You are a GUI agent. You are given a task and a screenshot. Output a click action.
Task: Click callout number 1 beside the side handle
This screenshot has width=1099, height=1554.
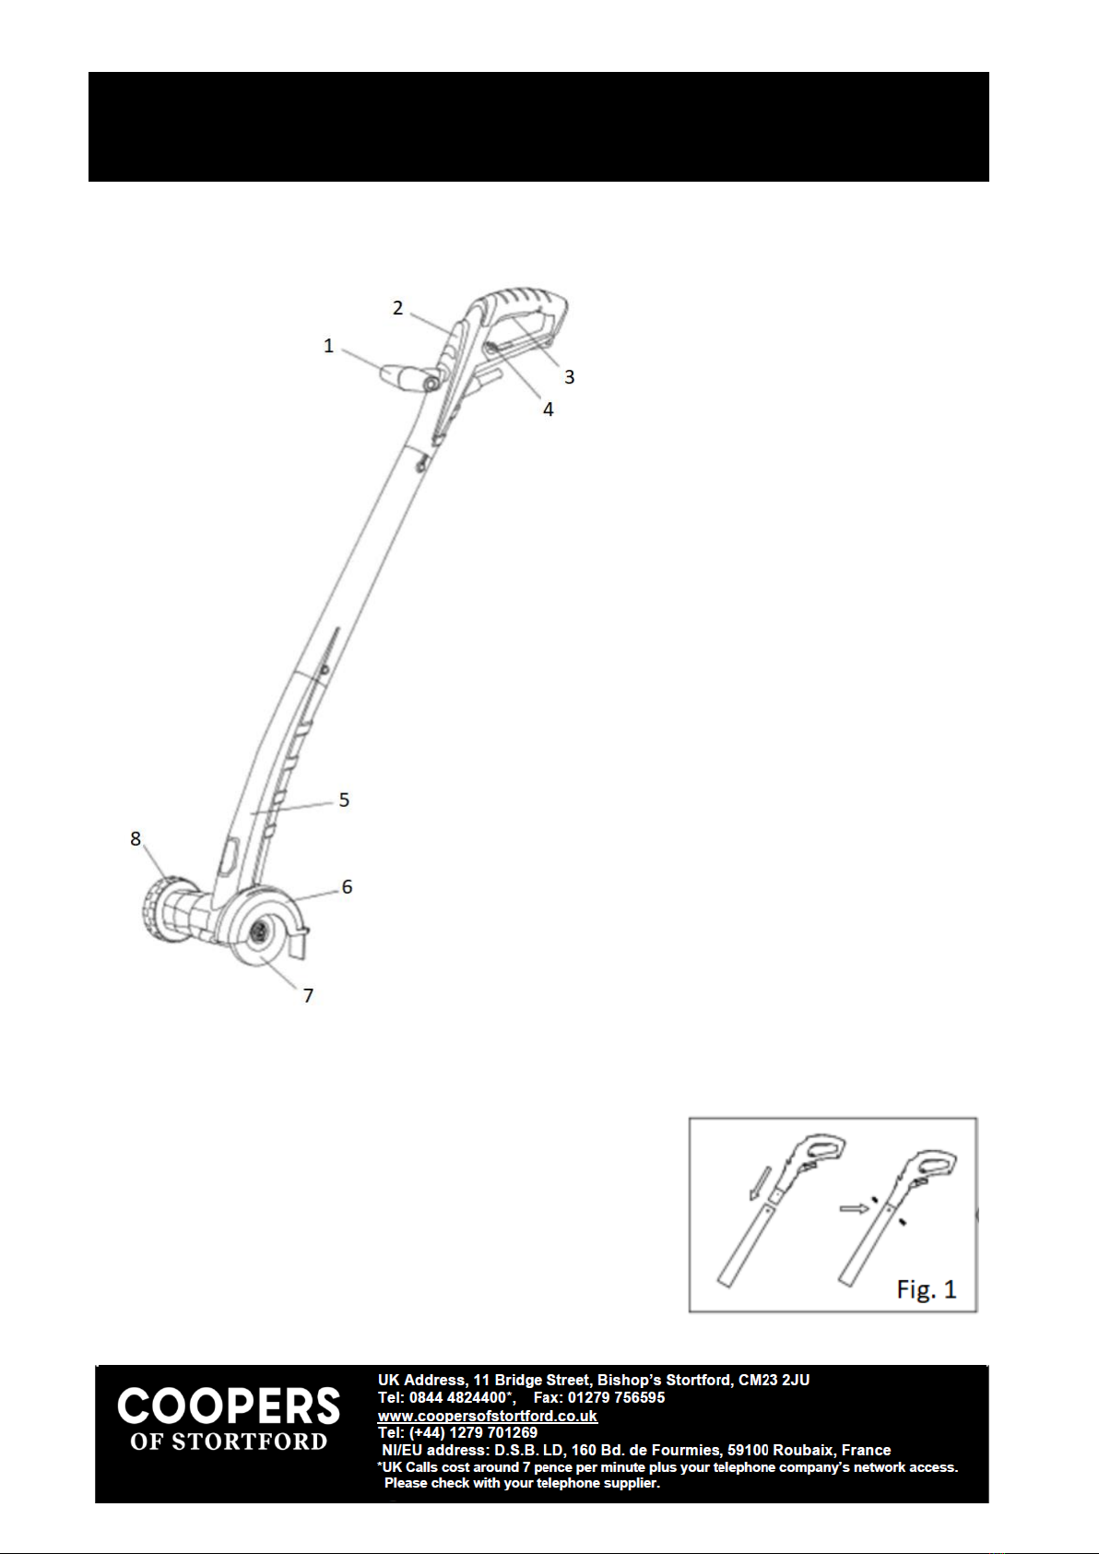[328, 346]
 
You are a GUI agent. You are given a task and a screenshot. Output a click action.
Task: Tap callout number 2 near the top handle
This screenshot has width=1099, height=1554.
[397, 308]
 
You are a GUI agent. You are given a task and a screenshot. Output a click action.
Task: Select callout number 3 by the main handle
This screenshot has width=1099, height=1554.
[570, 376]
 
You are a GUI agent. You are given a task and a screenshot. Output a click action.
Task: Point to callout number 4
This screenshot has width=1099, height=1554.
[549, 409]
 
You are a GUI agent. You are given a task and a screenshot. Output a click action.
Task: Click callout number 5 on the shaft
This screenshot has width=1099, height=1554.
[344, 800]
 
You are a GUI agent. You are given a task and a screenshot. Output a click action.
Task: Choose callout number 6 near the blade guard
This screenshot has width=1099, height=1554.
[347, 886]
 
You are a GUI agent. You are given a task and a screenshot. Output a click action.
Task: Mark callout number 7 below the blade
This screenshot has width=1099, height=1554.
[309, 995]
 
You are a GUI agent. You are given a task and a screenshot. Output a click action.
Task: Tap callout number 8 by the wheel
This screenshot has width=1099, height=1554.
[136, 838]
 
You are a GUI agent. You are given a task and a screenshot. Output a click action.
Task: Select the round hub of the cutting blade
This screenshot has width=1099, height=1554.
[259, 932]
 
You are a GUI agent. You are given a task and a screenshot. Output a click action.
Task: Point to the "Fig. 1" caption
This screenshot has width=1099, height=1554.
[927, 1288]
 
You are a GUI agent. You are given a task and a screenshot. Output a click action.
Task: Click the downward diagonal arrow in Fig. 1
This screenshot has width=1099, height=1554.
[760, 1183]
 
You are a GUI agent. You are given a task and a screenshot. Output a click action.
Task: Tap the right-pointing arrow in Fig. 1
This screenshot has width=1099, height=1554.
[854, 1207]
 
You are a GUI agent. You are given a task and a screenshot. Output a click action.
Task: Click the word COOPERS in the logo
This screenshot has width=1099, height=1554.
[229, 1407]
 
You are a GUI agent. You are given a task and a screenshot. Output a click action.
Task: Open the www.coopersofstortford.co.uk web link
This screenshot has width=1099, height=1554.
[487, 1416]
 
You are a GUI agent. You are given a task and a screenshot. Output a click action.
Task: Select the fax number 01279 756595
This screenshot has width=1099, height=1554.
[616, 1398]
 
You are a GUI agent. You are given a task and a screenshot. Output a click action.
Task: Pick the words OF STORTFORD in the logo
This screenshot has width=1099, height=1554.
[229, 1442]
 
